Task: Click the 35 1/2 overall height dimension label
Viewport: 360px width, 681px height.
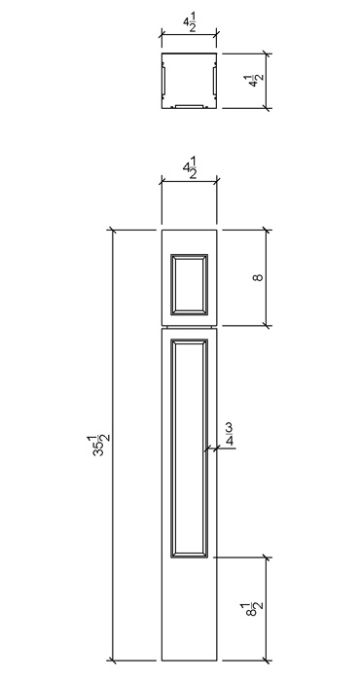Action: (101, 446)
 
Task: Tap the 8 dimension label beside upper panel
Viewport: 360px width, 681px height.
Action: (258, 276)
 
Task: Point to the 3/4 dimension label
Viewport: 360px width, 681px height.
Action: (229, 435)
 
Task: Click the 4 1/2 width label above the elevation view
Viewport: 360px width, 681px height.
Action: (190, 167)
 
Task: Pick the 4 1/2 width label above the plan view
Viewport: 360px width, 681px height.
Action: (190, 25)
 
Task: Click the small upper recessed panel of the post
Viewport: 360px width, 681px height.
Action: (189, 284)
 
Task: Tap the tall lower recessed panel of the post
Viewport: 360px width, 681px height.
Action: (189, 448)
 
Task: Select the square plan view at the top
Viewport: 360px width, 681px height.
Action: (189, 81)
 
